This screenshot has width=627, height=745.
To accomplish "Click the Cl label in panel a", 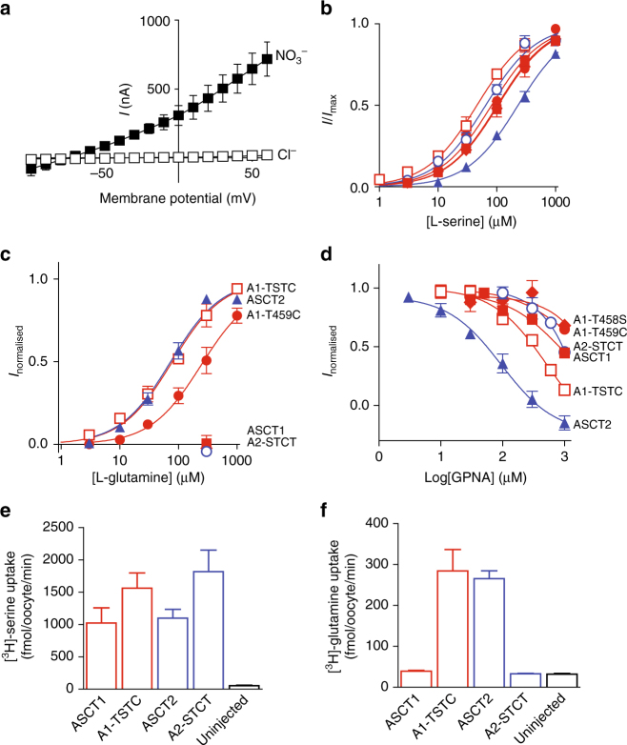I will click(x=282, y=154).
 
